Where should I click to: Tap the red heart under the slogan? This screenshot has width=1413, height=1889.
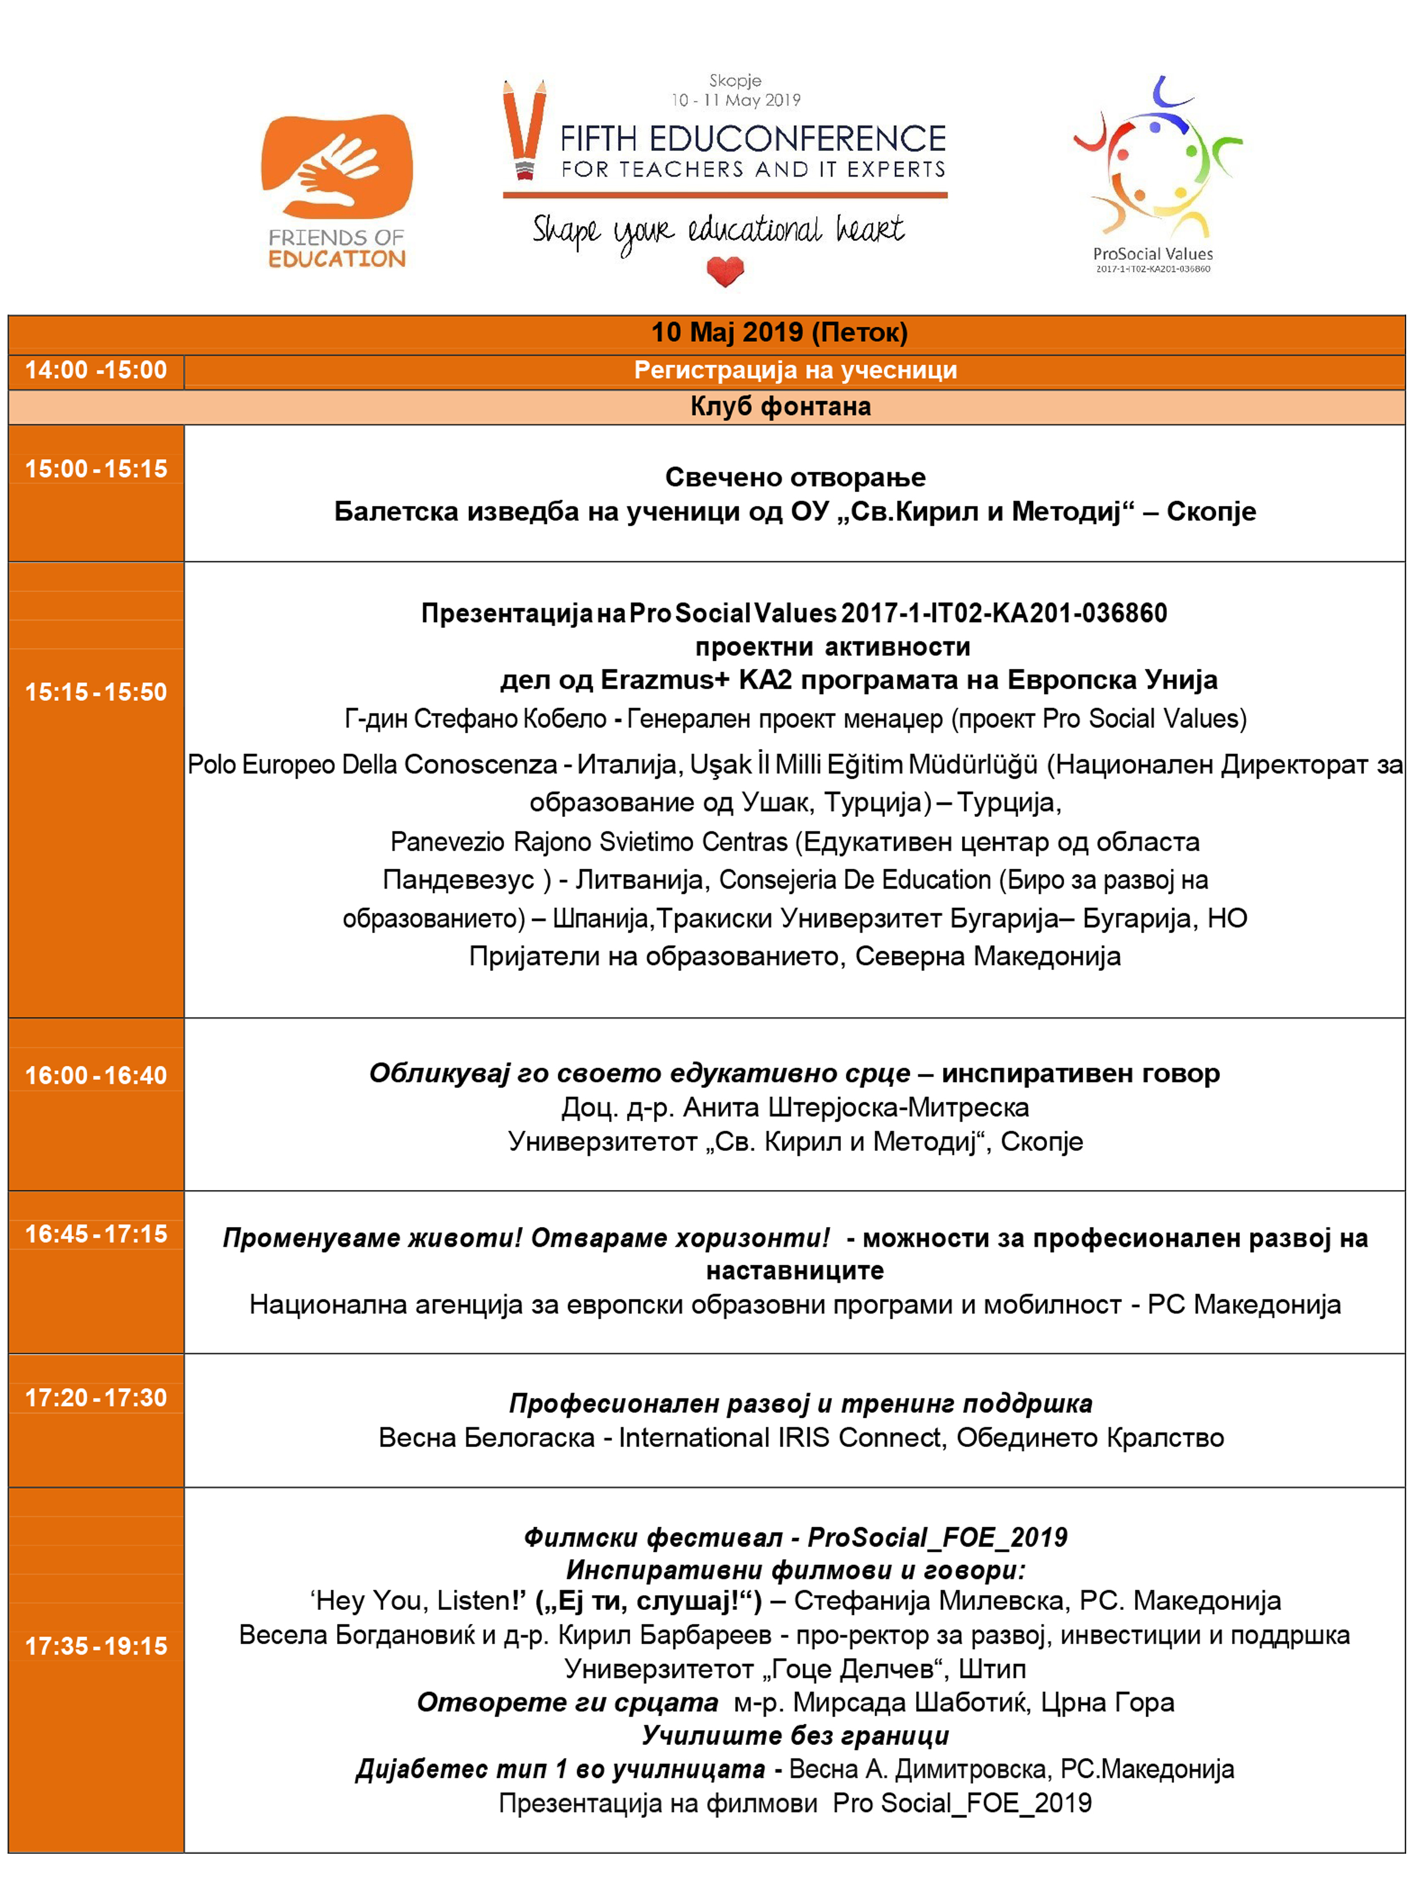click(725, 272)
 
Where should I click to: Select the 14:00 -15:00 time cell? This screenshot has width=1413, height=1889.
click(96, 371)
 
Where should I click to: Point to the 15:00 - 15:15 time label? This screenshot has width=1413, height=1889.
click(96, 469)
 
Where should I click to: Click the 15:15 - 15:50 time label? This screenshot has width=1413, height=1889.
click(96, 692)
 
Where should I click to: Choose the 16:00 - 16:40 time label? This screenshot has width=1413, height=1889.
click(96, 1075)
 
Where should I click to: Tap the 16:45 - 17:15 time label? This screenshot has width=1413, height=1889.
click(96, 1234)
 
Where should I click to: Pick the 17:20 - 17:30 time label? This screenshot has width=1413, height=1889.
click(96, 1398)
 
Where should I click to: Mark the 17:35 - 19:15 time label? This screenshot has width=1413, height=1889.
click(96, 1646)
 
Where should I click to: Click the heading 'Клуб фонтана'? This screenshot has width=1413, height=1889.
click(780, 407)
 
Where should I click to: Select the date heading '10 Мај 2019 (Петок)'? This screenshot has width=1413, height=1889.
click(778, 332)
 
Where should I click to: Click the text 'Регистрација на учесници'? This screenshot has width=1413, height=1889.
click(794, 371)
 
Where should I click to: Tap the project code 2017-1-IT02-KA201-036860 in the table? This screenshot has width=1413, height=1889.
click(1004, 613)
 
